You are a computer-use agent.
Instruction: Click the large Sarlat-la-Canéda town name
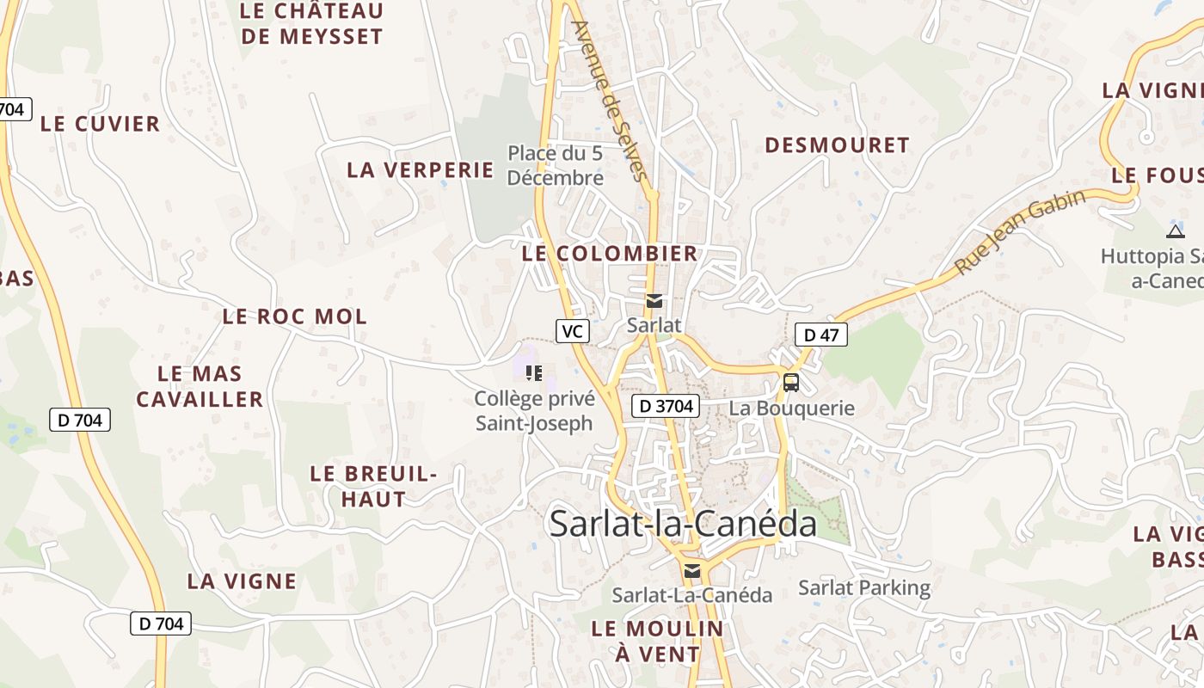(x=683, y=523)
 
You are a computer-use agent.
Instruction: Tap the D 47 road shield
(x=820, y=335)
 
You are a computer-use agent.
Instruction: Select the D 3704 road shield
(x=666, y=406)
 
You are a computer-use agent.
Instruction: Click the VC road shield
(x=572, y=331)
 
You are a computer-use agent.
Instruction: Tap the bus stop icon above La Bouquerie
(x=790, y=383)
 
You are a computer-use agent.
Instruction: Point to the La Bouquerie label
(x=791, y=408)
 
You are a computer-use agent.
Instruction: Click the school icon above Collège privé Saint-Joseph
(x=534, y=373)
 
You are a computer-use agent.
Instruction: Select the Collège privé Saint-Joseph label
(x=534, y=411)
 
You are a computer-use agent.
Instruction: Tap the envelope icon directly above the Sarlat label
(x=654, y=301)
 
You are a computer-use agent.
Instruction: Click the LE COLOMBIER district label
(x=610, y=254)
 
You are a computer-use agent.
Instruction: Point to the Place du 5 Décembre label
(x=556, y=165)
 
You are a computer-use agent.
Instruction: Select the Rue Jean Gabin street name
(x=1021, y=232)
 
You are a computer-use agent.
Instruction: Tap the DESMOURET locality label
(x=837, y=145)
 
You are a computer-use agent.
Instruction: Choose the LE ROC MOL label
(x=295, y=316)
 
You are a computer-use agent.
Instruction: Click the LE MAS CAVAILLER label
(x=200, y=386)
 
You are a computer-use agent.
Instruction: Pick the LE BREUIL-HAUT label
(x=373, y=486)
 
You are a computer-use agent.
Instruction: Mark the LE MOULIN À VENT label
(x=658, y=641)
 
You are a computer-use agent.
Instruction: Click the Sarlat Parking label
(x=864, y=588)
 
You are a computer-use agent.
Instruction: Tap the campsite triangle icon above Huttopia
(x=1175, y=231)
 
